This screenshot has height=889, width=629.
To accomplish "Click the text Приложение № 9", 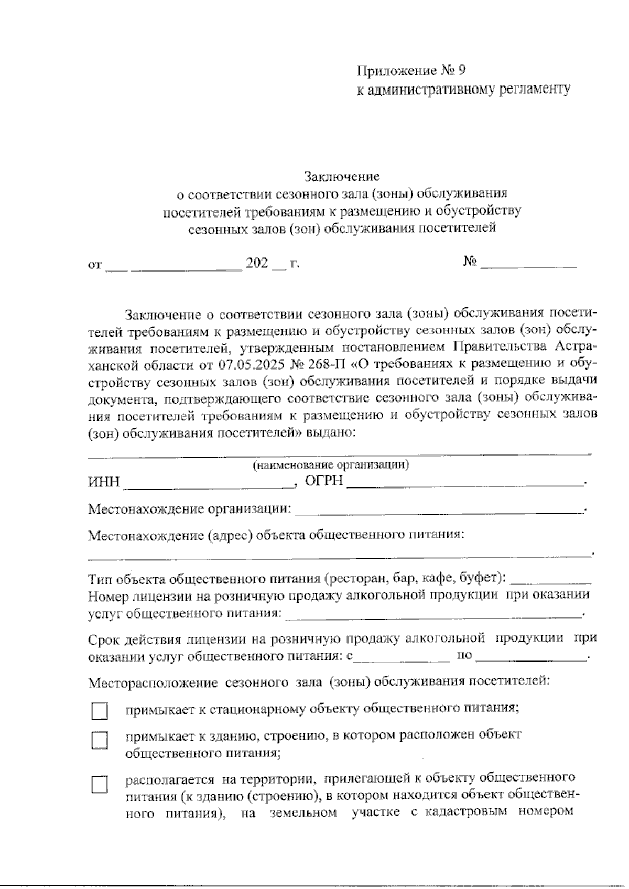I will click(x=410, y=70).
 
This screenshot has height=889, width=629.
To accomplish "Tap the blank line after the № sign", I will click(x=528, y=265).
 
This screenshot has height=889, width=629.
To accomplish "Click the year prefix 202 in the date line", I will click(x=257, y=263).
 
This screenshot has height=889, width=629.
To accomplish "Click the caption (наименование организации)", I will click(x=331, y=465).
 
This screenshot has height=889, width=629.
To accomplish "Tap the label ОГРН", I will click(x=324, y=481).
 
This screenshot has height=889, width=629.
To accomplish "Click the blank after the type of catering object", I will click(x=550, y=580).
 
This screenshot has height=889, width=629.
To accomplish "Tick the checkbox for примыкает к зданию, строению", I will click(x=100, y=741).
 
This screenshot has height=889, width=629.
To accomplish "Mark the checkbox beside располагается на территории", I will click(x=100, y=785).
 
